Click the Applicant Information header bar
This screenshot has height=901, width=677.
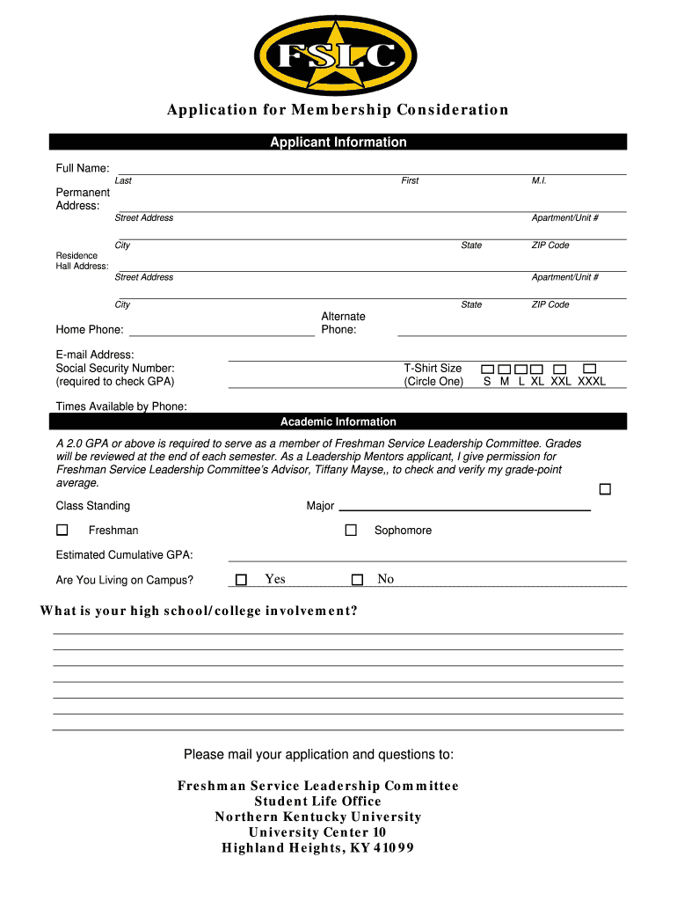pyautogui.click(x=338, y=143)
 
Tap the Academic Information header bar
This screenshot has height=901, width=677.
pyautogui.click(x=338, y=421)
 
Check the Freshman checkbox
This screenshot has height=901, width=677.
pyautogui.click(x=62, y=531)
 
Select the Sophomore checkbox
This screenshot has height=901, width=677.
pyautogui.click(x=351, y=531)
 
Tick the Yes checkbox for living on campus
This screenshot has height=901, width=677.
pyautogui.click(x=241, y=579)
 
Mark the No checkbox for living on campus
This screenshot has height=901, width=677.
pyautogui.click(x=357, y=579)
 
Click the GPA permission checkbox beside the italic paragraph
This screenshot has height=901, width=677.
pyautogui.click(x=605, y=488)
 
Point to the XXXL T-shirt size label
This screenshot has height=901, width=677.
pyautogui.click(x=591, y=382)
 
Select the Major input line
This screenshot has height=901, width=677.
pyautogui.click(x=464, y=508)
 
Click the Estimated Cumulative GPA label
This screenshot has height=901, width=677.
pyautogui.click(x=125, y=555)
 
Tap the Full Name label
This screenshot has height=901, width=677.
pyautogui.click(x=83, y=168)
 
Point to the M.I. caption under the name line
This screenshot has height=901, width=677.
pyautogui.click(x=539, y=180)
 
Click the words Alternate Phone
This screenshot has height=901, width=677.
pyautogui.click(x=343, y=323)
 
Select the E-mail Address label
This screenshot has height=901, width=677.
pyautogui.click(x=89, y=355)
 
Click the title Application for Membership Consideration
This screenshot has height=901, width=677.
pyautogui.click(x=338, y=110)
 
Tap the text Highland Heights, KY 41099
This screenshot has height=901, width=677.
pyautogui.click(x=317, y=848)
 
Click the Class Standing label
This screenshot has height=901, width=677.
pyautogui.click(x=93, y=506)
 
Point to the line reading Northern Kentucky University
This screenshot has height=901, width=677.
pyautogui.click(x=318, y=817)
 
